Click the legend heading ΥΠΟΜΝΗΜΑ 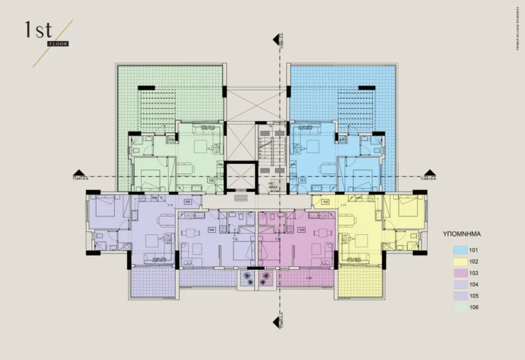(x=472, y=233)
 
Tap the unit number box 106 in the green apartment (x=212, y=181)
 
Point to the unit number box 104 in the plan (x=211, y=230)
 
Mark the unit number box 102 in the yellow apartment (x=325, y=202)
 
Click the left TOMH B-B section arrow (x=81, y=174)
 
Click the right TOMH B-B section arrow (x=429, y=174)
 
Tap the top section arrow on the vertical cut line (x=278, y=39)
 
